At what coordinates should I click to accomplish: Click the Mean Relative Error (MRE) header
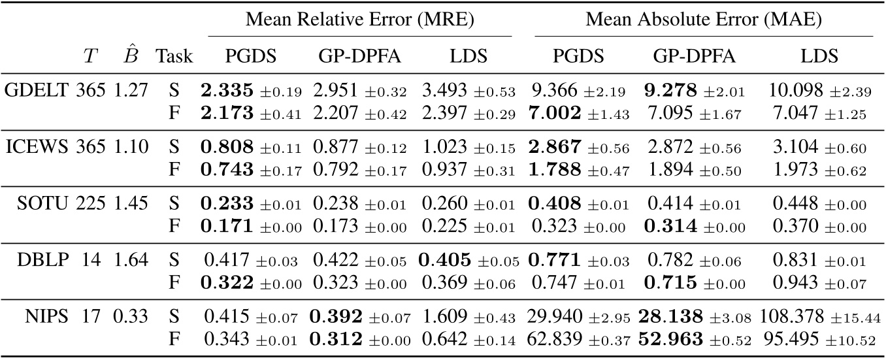(x=360, y=19)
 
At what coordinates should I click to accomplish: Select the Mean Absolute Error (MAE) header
(x=704, y=19)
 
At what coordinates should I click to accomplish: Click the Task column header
(x=174, y=57)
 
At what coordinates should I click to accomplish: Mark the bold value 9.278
(x=678, y=90)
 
